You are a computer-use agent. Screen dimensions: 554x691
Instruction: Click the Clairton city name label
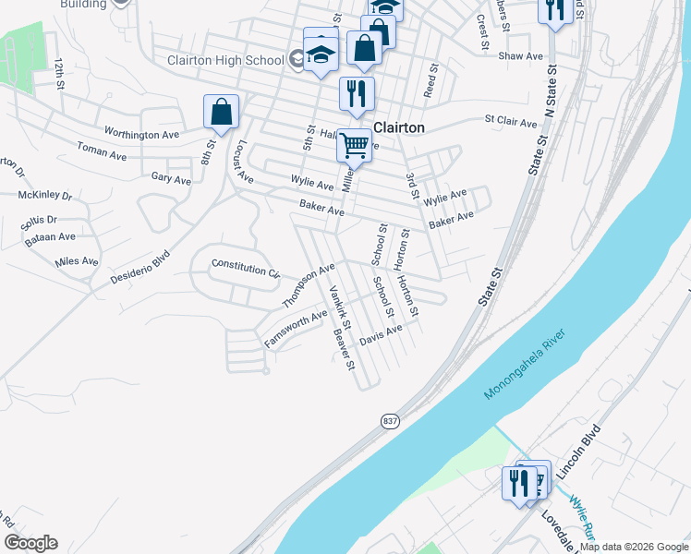tap(398, 128)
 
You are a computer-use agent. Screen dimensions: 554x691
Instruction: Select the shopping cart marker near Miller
tap(355, 144)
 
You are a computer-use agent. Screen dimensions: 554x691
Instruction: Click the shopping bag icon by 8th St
tap(222, 112)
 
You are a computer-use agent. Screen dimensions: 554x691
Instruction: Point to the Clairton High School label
tap(224, 60)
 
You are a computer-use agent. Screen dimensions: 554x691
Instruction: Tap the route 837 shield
tap(391, 420)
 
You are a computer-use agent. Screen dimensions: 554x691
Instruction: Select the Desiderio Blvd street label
tap(140, 267)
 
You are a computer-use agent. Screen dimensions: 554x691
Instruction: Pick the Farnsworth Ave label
tap(296, 330)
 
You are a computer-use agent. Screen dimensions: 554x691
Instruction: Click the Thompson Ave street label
tap(309, 286)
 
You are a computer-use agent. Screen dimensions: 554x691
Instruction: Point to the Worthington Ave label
tap(141, 134)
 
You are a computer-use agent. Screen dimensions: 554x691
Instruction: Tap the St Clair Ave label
tap(511, 122)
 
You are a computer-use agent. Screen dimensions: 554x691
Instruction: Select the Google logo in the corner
tap(30, 543)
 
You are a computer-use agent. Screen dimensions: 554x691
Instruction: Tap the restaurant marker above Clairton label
tap(356, 92)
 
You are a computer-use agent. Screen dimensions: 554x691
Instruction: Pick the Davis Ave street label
tap(381, 334)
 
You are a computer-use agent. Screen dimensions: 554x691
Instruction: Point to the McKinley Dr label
tap(44, 195)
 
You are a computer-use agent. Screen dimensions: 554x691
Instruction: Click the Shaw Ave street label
tap(521, 56)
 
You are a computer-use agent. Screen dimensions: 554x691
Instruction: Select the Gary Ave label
tap(170, 178)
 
